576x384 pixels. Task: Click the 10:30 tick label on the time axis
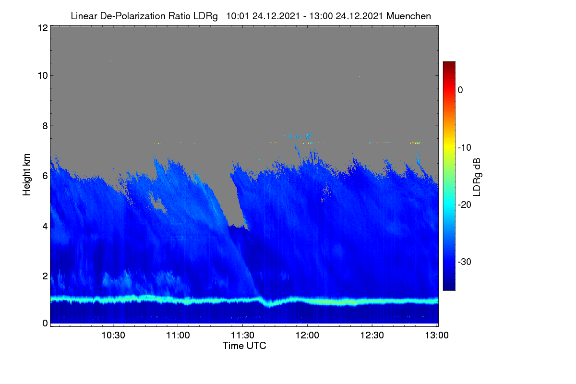[113, 335]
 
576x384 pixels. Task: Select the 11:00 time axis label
[178, 335]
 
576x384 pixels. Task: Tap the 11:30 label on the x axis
[242, 335]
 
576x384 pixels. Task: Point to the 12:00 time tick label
[307, 335]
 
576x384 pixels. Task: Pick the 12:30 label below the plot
[372, 335]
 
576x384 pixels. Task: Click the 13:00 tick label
[437, 335]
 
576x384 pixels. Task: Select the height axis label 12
[43, 28]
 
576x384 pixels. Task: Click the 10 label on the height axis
[43, 76]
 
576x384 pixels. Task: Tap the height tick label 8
[45, 126]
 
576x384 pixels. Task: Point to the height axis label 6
[45, 176]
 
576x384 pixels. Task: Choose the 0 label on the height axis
[45, 323]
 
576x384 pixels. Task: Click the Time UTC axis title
[244, 346]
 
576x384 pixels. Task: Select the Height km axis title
[26, 175]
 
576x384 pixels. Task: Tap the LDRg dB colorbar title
[477, 177]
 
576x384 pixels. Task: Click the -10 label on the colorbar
[465, 148]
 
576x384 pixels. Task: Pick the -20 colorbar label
[465, 205]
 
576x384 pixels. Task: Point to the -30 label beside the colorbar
[465, 262]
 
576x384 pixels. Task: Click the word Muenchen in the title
[408, 16]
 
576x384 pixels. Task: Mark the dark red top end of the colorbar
[449, 63]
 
